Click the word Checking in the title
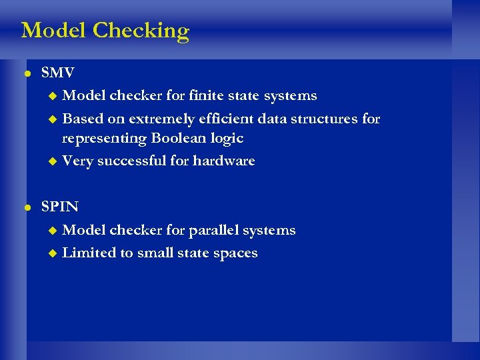click(141, 31)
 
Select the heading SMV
click(58, 73)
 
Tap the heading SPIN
click(60, 207)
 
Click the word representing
click(105, 139)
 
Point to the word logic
click(227, 139)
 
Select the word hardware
click(224, 161)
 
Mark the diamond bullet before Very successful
click(54, 161)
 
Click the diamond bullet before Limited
click(54, 253)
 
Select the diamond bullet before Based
click(54, 119)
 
